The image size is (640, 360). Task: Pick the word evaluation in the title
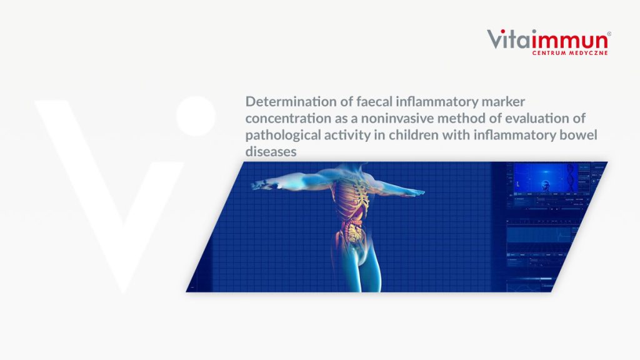point(537,118)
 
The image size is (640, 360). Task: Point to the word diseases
point(271,152)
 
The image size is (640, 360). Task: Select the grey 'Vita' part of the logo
point(509,39)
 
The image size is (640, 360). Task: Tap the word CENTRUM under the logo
point(549,52)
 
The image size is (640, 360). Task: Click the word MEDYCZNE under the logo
point(588,52)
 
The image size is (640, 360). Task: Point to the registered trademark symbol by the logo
point(609,34)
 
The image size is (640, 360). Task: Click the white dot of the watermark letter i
point(196,116)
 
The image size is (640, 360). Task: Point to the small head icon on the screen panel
point(545,185)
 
